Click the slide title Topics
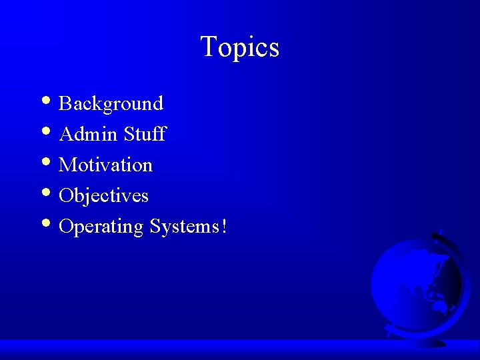(239, 47)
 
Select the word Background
(111, 103)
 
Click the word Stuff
(144, 134)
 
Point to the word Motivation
(105, 165)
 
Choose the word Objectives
(103, 196)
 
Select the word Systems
(184, 227)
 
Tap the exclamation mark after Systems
(224, 227)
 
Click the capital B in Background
(65, 103)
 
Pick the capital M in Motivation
(67, 165)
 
